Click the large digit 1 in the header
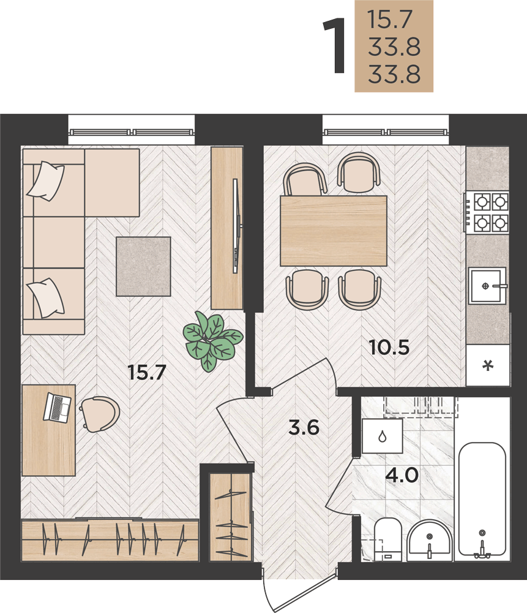(x=335, y=45)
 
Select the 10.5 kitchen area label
(x=390, y=347)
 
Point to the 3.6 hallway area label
(x=304, y=427)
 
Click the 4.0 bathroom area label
(x=402, y=476)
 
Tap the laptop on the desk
(x=57, y=408)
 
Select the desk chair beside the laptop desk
(x=100, y=414)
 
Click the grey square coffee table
(x=143, y=266)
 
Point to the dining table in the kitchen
(x=334, y=230)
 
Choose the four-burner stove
(x=487, y=212)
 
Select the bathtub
(x=482, y=499)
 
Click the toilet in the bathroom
(x=388, y=540)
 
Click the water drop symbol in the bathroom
(x=382, y=436)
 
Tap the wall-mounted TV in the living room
(x=236, y=226)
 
